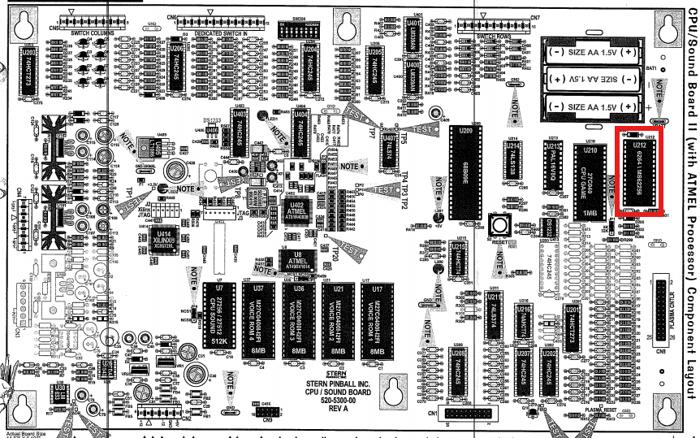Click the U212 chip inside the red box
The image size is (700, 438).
[640, 172]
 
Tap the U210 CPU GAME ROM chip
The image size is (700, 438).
[591, 183]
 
